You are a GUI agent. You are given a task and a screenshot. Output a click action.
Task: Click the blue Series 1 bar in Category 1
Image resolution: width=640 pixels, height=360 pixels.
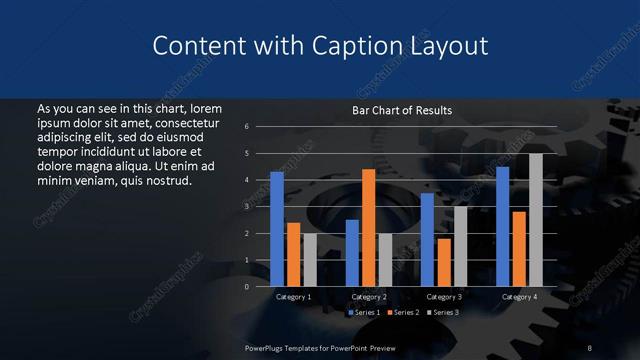pyautogui.click(x=277, y=229)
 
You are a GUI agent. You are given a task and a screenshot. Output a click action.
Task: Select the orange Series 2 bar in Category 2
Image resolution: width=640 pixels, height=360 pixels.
pyautogui.click(x=368, y=228)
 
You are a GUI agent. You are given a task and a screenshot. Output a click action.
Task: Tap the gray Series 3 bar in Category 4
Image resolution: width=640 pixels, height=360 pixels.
pyautogui.click(x=535, y=220)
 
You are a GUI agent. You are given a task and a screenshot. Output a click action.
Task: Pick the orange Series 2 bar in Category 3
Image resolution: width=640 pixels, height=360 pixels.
pyautogui.click(x=443, y=262)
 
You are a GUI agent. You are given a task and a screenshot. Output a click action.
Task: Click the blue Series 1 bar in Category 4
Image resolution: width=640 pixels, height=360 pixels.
pyautogui.click(x=502, y=227)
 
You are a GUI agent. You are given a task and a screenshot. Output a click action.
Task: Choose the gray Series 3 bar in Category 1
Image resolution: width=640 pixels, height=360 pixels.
pyautogui.click(x=309, y=260)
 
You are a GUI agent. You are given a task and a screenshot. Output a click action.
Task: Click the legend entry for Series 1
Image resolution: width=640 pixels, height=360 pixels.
pyautogui.click(x=363, y=313)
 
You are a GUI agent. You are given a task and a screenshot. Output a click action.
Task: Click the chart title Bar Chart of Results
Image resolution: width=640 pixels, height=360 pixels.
pyautogui.click(x=402, y=110)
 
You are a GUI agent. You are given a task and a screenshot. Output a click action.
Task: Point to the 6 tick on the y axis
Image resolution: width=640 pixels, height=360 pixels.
pyautogui.click(x=259, y=127)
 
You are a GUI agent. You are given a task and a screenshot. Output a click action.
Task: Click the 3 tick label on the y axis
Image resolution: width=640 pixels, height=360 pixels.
pyautogui.click(x=259, y=207)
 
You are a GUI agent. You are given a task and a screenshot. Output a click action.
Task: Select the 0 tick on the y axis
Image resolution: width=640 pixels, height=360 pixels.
pyautogui.click(x=259, y=287)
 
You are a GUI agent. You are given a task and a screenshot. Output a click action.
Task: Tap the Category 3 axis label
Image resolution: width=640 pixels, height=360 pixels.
pyautogui.click(x=443, y=297)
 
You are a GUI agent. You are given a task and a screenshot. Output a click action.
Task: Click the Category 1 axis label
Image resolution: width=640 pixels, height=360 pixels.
pyautogui.click(x=293, y=297)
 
